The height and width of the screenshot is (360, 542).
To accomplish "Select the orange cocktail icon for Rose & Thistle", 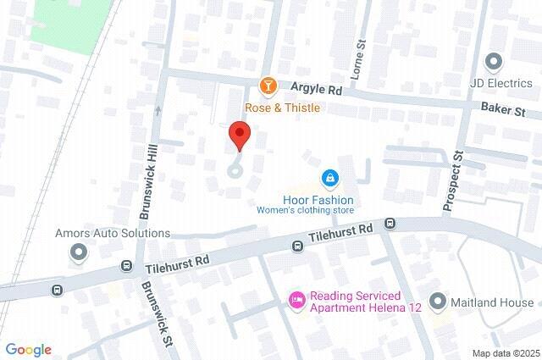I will pyautogui.click(x=268, y=86).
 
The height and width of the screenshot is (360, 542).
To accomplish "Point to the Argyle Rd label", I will pyautogui.click(x=318, y=87).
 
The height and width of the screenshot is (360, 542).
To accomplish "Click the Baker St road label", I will pyautogui.click(x=503, y=111).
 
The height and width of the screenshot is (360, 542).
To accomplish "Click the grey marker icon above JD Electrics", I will pyautogui.click(x=493, y=61).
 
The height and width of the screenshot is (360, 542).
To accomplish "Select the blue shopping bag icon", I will pyautogui.click(x=329, y=179).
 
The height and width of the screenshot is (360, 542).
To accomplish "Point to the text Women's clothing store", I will pyautogui.click(x=306, y=211).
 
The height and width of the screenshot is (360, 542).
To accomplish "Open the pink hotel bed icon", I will pyautogui.click(x=296, y=300).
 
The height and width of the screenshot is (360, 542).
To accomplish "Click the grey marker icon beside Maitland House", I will pyautogui.click(x=438, y=301).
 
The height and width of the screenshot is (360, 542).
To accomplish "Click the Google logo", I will pyautogui.click(x=28, y=350).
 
